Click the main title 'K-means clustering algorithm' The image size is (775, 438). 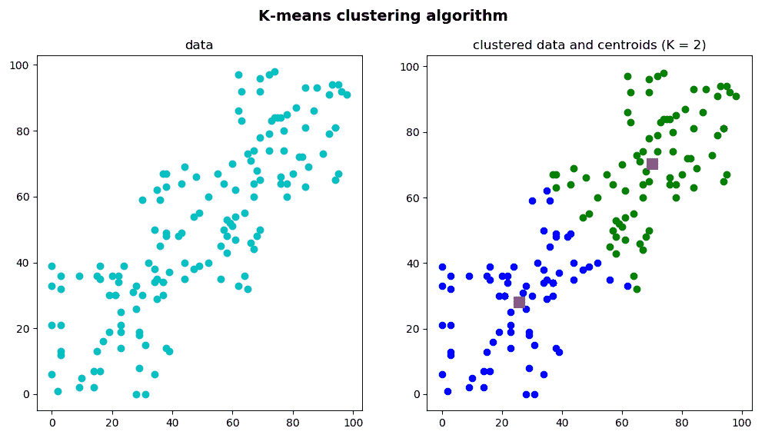[x=383, y=15]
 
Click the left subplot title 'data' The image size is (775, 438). [x=199, y=45]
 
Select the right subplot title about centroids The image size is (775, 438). [x=589, y=45]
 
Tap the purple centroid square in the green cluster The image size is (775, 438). [x=652, y=164]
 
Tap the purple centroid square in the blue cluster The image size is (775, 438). [x=519, y=302]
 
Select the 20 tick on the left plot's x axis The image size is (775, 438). [x=112, y=422]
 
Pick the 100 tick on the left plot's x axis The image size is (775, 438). [x=353, y=422]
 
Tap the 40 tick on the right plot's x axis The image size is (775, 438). [x=562, y=422]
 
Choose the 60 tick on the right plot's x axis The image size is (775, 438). [x=622, y=422]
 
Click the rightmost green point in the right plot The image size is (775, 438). [x=736, y=96]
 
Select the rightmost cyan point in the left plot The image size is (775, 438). [x=347, y=95]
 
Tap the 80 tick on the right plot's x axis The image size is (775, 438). [x=682, y=422]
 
